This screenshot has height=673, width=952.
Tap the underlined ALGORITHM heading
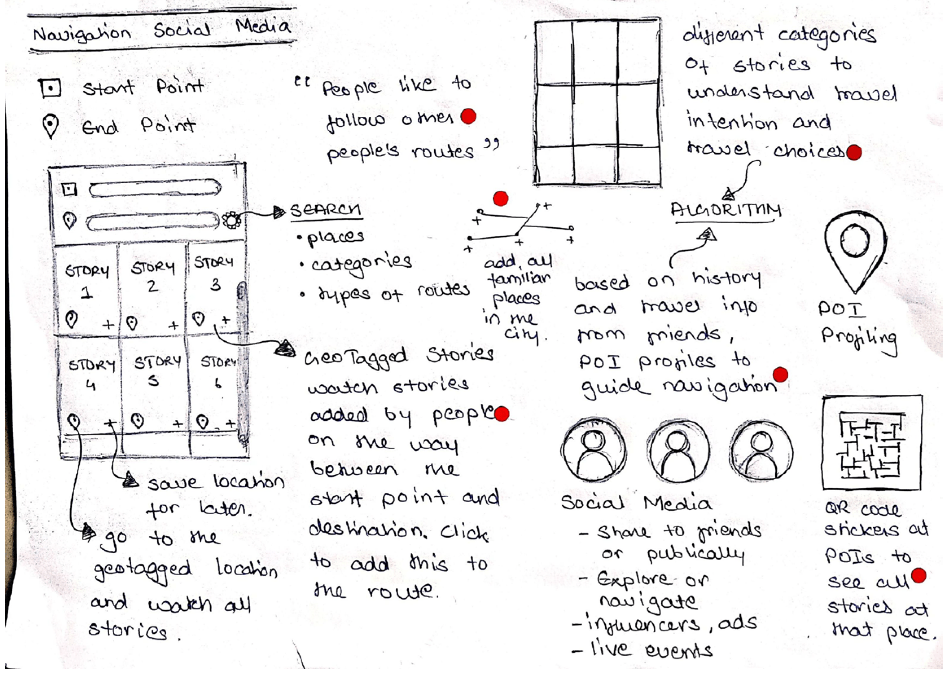click(x=726, y=210)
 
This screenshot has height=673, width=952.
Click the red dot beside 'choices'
click(x=854, y=152)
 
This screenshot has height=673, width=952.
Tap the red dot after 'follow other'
click(x=468, y=116)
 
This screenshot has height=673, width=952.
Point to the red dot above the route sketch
click(x=501, y=199)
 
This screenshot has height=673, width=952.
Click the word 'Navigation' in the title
click(x=82, y=33)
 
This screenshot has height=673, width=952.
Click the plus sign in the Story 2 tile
click(x=174, y=325)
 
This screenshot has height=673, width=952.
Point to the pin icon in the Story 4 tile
click(x=74, y=422)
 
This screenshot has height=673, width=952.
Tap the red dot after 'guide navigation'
click(x=780, y=374)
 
